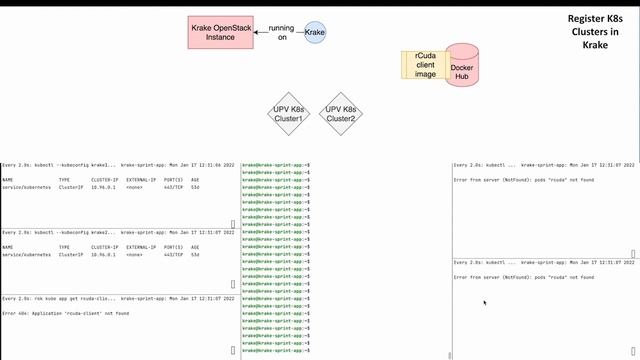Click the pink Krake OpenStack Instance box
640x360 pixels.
click(220, 33)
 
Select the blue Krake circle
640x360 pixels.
click(315, 33)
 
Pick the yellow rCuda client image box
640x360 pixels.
click(424, 65)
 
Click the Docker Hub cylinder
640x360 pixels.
click(463, 65)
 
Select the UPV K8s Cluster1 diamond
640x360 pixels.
click(288, 114)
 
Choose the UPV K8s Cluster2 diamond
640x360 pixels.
click(341, 114)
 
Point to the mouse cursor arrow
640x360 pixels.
click(484, 301)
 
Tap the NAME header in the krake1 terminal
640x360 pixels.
click(8, 180)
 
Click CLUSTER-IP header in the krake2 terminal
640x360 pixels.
click(104, 247)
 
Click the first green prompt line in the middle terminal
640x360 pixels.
click(275, 164)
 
